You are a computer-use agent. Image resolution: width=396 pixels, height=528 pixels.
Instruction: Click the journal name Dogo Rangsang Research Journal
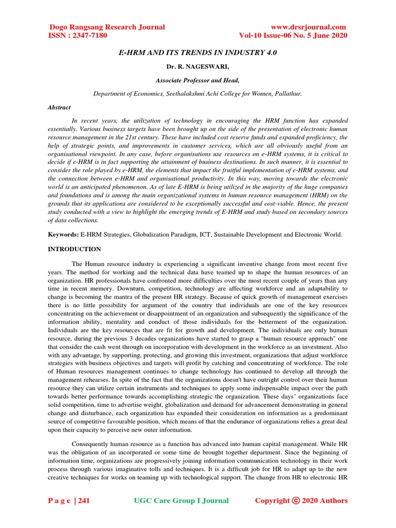coord(107,27)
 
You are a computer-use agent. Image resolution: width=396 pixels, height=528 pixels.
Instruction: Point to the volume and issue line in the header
coord(293,36)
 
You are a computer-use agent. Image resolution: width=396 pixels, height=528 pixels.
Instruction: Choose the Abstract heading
coord(59,107)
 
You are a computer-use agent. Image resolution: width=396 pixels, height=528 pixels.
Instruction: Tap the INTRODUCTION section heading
coord(74,249)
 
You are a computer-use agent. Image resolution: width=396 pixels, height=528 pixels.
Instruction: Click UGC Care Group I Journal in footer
coord(181,500)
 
